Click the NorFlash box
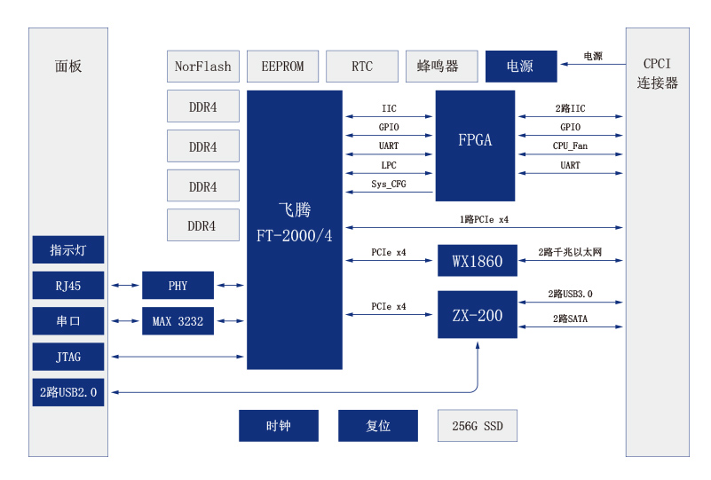pyautogui.click(x=202, y=67)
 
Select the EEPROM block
pyautogui.click(x=282, y=67)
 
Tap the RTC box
pyautogui.click(x=361, y=67)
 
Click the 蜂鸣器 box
pyautogui.click(x=438, y=67)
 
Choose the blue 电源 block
pyautogui.click(x=520, y=67)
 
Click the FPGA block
pyautogui.click(x=475, y=140)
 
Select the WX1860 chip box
pyautogui.click(x=477, y=261)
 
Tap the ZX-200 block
pyautogui.click(x=477, y=315)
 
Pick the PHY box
pyautogui.click(x=178, y=286)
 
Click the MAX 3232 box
pyautogui.click(x=178, y=321)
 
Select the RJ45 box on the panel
pyautogui.click(x=68, y=286)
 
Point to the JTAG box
pyautogui.click(x=68, y=357)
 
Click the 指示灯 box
pyautogui.click(x=68, y=250)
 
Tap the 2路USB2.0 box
pyautogui.click(x=68, y=391)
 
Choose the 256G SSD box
pyautogui.click(x=477, y=426)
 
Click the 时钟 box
pyautogui.click(x=279, y=426)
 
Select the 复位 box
pyautogui.click(x=377, y=426)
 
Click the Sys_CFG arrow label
pyautogui.click(x=389, y=185)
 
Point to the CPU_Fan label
pyautogui.click(x=570, y=146)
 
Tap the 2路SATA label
pyautogui.click(x=570, y=319)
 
